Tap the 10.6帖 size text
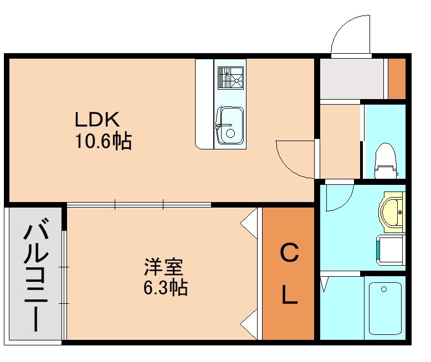pos(103,142)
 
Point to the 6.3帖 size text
pos(165,288)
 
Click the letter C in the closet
pos(289,254)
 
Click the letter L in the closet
pos(290,296)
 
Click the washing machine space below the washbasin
pos(391,247)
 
